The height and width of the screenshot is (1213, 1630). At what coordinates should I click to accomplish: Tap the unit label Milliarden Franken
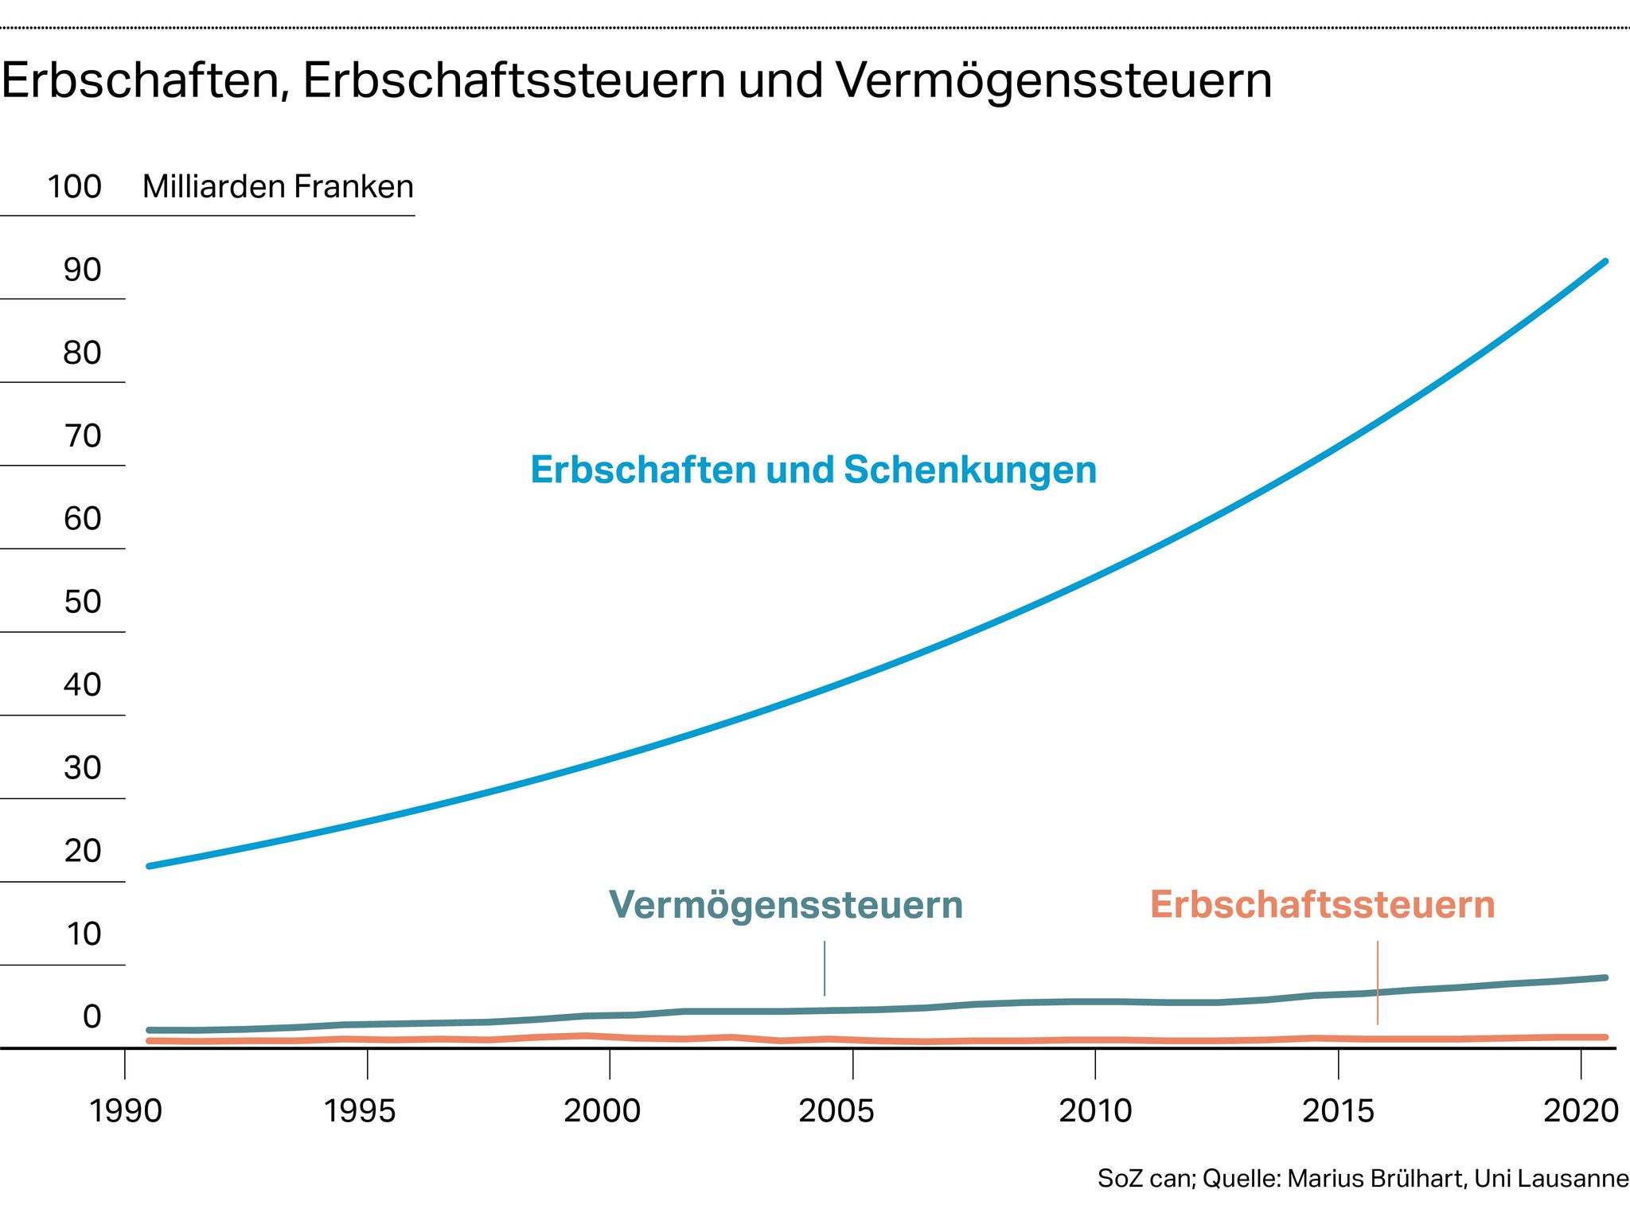(278, 187)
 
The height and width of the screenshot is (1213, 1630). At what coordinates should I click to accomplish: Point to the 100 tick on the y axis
(74, 187)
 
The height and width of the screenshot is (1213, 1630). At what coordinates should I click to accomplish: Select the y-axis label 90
(82, 271)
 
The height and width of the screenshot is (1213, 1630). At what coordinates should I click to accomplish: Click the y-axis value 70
(82, 436)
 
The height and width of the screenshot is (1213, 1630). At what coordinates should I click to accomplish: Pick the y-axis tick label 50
(82, 602)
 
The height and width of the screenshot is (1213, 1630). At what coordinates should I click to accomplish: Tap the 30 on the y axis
(82, 768)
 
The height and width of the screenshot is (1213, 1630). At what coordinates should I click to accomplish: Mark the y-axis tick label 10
(82, 934)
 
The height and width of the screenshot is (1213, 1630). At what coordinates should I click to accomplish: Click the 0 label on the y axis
(92, 1017)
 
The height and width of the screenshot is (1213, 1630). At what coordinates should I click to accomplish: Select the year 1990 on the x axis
(125, 1111)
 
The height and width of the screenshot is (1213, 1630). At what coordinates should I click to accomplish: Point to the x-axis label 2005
(836, 1111)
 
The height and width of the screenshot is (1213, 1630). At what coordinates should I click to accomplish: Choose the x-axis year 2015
(1338, 1111)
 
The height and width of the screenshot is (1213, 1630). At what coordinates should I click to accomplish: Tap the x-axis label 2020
(1581, 1111)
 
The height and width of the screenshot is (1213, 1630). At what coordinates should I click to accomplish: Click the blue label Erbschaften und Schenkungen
(813, 470)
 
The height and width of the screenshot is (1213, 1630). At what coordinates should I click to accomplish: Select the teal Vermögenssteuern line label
(786, 905)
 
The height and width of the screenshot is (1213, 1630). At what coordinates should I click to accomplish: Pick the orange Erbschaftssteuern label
(1322, 905)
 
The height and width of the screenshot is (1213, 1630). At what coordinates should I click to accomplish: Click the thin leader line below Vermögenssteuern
(825, 968)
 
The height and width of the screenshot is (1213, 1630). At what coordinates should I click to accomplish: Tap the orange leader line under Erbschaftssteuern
(1377, 982)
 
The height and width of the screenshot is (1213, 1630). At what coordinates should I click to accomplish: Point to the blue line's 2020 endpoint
(1605, 262)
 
